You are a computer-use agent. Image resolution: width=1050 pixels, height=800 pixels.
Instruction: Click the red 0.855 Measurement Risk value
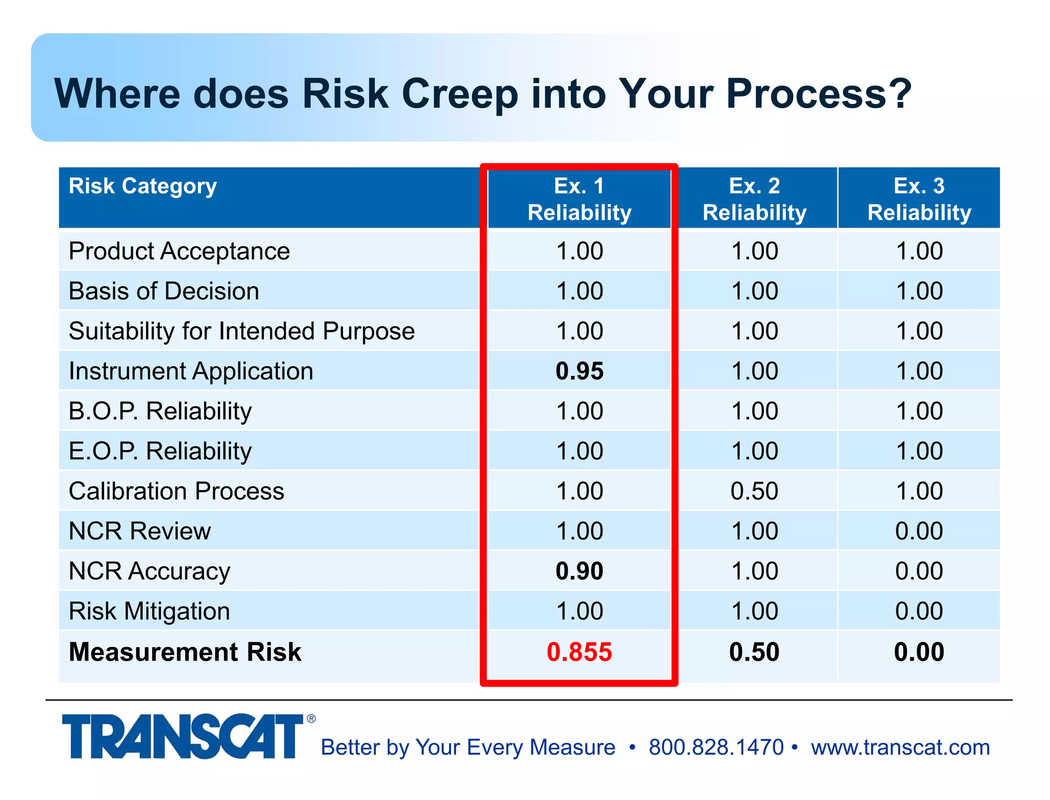[579, 652]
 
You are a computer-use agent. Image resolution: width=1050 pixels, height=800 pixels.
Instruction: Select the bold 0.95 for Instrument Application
[579, 371]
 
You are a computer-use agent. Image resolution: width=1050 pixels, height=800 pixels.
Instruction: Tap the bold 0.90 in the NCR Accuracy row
[579, 571]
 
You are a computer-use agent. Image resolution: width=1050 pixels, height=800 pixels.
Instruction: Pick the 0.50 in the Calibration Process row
[754, 491]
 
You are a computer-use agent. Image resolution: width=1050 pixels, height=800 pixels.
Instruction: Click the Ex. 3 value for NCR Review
[919, 531]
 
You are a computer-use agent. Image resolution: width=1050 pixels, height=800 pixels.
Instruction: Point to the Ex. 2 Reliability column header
[755, 199]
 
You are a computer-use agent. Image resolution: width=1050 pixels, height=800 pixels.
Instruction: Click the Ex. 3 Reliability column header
[919, 199]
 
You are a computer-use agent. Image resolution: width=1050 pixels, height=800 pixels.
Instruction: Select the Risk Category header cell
[143, 187]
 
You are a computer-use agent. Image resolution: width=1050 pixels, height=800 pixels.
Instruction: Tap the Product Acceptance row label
[179, 251]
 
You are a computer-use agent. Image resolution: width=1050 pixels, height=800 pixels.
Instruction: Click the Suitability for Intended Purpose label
[241, 331]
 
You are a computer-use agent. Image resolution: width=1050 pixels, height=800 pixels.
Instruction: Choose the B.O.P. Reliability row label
[160, 411]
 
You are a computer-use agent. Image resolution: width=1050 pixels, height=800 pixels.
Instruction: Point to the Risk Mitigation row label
[149, 611]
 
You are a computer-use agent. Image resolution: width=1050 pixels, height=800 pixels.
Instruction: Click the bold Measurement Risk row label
[185, 652]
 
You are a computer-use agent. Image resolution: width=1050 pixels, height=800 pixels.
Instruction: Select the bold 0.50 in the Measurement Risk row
[754, 652]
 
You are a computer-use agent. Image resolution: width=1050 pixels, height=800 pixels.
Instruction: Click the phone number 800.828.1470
[716, 747]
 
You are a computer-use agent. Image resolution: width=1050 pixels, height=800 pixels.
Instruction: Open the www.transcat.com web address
[900, 747]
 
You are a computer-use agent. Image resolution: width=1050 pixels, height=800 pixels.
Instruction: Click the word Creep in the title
[460, 94]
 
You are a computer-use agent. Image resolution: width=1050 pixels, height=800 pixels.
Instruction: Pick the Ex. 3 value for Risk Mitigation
[919, 611]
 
